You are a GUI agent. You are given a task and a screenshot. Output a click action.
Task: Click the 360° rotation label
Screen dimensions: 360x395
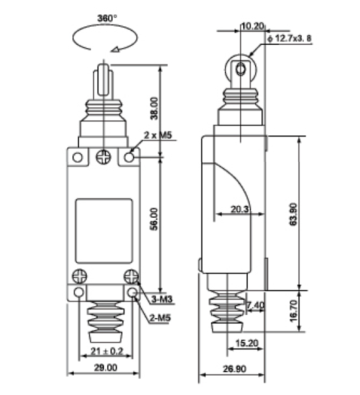tap(107, 18)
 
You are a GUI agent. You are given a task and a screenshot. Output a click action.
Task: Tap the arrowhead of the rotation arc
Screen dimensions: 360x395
tap(116, 49)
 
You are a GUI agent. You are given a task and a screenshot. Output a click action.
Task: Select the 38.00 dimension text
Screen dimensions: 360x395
tap(154, 108)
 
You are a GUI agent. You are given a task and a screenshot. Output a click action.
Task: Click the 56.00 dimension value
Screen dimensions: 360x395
tap(154, 219)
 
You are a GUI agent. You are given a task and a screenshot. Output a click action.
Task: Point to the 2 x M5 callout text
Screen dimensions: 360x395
tap(158, 135)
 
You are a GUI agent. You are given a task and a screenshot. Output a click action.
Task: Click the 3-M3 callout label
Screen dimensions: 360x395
tap(162, 299)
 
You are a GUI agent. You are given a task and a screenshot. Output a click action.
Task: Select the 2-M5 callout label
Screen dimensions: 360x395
tap(160, 318)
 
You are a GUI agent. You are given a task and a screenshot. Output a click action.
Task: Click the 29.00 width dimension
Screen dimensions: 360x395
tap(106, 368)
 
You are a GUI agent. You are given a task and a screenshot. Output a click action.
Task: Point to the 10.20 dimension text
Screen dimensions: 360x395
tap(253, 26)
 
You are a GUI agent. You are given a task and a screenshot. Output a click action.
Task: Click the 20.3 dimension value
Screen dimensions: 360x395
tap(240, 209)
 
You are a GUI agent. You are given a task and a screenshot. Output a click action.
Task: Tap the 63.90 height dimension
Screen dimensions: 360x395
tap(293, 214)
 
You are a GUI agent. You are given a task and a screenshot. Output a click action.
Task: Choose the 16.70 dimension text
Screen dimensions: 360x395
tap(293, 311)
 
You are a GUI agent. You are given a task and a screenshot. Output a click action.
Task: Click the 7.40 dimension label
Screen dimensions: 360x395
tap(255, 305)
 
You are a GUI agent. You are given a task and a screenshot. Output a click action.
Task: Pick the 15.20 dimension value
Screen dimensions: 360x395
tap(247, 343)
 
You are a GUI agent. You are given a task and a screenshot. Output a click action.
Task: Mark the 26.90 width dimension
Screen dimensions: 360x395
tap(235, 369)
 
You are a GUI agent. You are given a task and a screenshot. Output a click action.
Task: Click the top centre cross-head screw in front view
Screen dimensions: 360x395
tap(104, 157)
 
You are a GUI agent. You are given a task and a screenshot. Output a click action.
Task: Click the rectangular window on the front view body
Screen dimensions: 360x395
tap(104, 231)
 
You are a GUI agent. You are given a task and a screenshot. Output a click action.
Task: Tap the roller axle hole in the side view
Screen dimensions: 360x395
tap(241, 69)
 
